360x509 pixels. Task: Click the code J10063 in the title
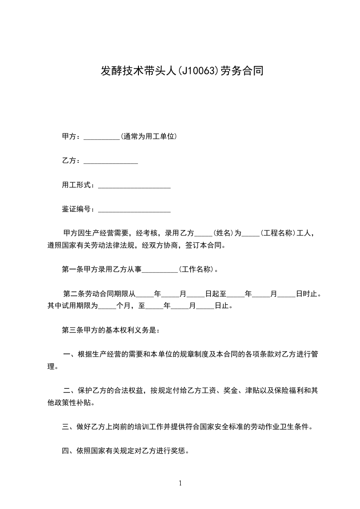(198, 71)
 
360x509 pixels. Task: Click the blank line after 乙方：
(111, 162)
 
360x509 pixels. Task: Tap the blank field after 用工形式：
(134, 186)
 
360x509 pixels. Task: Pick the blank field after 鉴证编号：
(134, 210)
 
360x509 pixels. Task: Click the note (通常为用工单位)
(148, 137)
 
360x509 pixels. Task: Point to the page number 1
(180, 483)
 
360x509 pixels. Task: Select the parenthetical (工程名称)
(277, 233)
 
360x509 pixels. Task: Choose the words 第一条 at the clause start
(72, 269)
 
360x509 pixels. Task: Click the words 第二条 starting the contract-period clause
(74, 294)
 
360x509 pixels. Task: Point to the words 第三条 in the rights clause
(72, 330)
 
